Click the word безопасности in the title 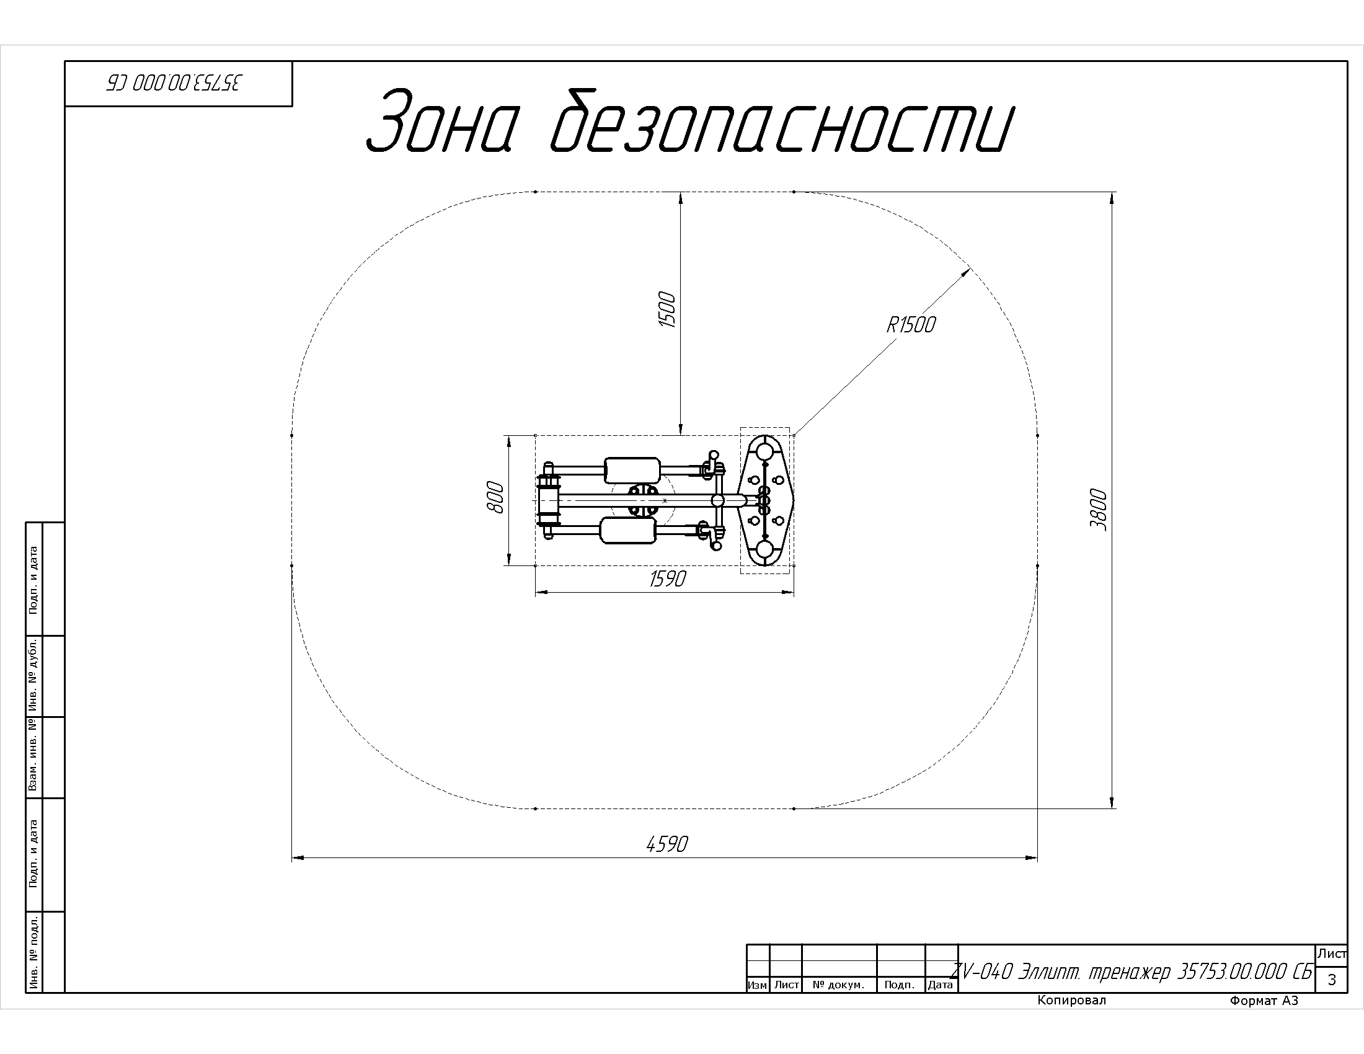tap(781, 122)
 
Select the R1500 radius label tap(911, 325)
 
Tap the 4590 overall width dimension tap(666, 844)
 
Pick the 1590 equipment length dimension tap(667, 579)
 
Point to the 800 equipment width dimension tap(495, 497)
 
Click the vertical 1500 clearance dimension tap(666, 310)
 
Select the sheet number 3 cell tap(1332, 980)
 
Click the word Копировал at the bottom tap(1071, 1000)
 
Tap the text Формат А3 tap(1264, 1001)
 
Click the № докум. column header tap(838, 985)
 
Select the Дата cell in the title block tap(940, 985)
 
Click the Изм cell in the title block tap(757, 985)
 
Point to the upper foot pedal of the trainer tap(632, 470)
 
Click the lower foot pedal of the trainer tap(627, 531)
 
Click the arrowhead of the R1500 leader tap(967, 270)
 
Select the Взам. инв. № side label tap(33, 757)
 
